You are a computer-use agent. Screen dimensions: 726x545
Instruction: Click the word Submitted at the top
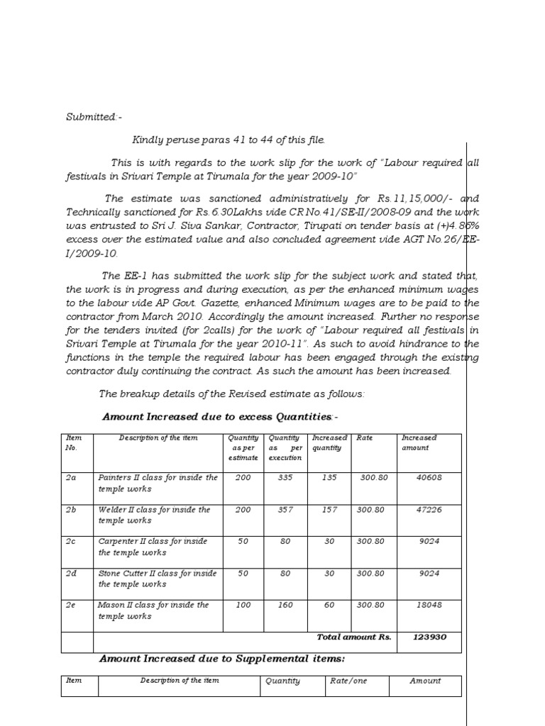(x=91, y=116)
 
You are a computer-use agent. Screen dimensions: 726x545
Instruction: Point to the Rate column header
(x=365, y=438)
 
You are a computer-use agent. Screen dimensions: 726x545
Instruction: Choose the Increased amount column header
(x=419, y=443)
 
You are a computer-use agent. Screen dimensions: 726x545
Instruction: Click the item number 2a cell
(x=71, y=478)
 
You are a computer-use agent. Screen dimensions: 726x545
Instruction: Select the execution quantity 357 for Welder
(x=285, y=510)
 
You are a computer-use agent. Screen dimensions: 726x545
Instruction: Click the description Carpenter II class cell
(x=153, y=547)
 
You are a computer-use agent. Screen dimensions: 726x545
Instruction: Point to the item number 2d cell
(x=71, y=574)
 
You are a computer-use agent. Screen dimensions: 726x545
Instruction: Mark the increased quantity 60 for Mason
(x=329, y=605)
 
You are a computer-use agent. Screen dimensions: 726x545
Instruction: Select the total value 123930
(x=429, y=637)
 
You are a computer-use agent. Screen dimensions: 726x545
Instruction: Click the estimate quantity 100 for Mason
(x=243, y=605)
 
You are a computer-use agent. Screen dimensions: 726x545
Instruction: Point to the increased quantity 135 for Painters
(x=329, y=478)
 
